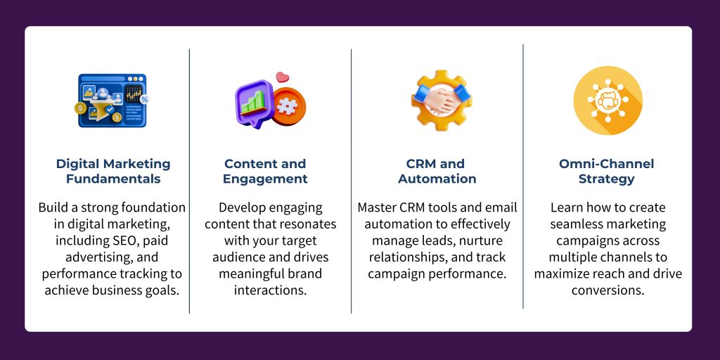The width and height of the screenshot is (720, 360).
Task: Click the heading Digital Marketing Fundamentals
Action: (x=113, y=171)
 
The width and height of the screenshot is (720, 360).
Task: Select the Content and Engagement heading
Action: (x=265, y=171)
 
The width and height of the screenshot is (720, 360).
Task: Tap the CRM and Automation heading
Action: (x=437, y=171)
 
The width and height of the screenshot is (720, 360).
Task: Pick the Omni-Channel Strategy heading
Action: (x=606, y=171)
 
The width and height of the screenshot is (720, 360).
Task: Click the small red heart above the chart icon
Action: (x=283, y=77)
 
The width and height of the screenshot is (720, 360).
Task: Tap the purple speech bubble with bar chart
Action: (x=254, y=104)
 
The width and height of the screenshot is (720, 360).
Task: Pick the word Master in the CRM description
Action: (x=378, y=207)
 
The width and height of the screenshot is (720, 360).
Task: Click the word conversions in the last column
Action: (x=607, y=290)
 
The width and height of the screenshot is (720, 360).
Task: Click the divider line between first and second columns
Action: (x=189, y=183)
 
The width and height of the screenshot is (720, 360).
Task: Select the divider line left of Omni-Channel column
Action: (x=523, y=176)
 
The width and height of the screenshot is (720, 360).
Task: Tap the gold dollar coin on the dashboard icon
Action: (x=82, y=109)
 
